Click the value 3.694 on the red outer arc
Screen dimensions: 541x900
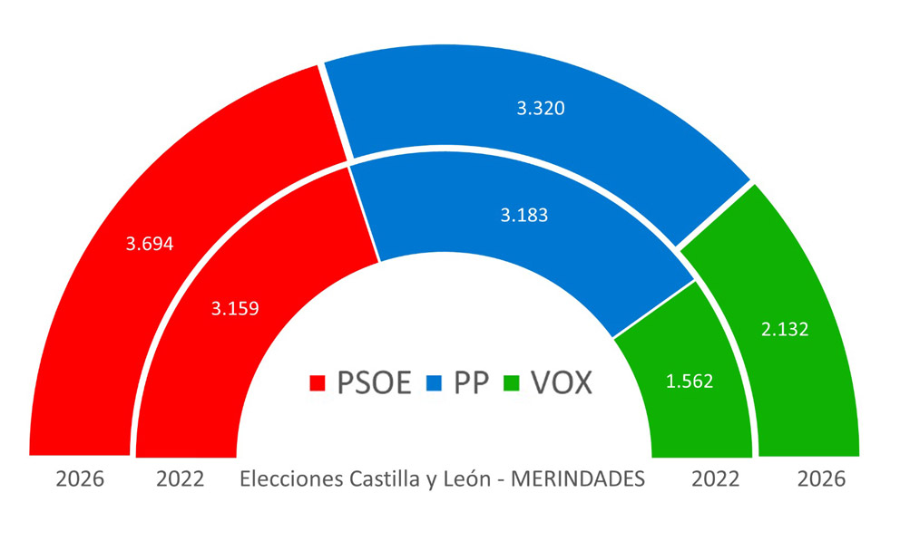pos(150,244)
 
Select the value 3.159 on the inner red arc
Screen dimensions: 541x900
pos(235,308)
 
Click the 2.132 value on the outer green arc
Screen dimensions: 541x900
pos(784,330)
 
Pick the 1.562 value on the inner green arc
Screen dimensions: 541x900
pos(690,382)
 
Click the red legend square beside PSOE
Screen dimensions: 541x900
pos(318,384)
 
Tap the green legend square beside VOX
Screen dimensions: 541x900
pos(514,384)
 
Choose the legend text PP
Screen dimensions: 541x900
pos(471,383)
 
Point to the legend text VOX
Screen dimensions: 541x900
pos(562,383)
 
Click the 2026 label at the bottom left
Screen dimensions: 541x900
pos(80,479)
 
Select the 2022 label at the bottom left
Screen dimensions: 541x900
pos(180,479)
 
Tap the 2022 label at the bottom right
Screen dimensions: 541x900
pos(716,479)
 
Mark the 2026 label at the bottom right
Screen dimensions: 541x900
pos(821,479)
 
